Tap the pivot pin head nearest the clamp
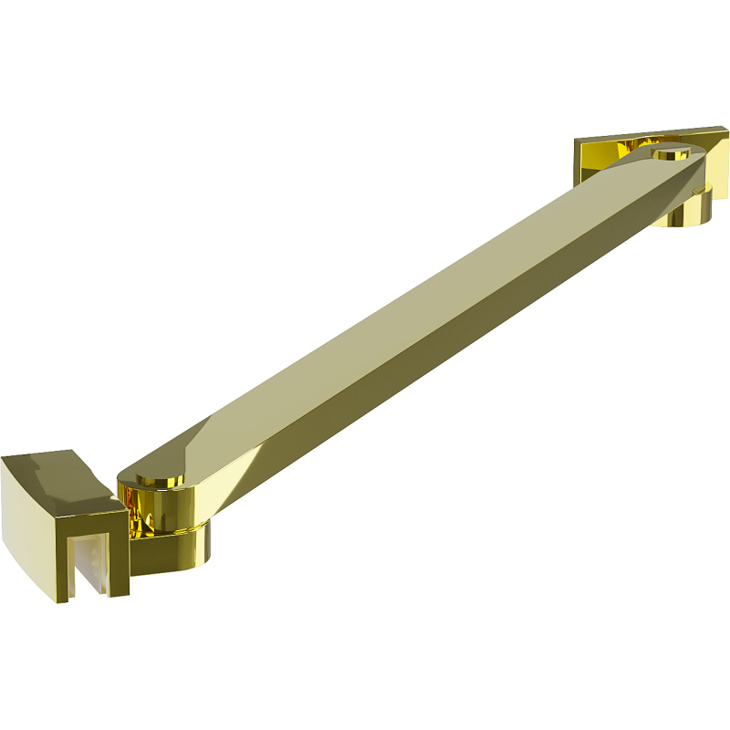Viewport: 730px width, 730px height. click(156, 477)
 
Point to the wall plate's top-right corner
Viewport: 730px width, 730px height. click(726, 129)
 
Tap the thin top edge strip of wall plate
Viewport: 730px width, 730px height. click(639, 134)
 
